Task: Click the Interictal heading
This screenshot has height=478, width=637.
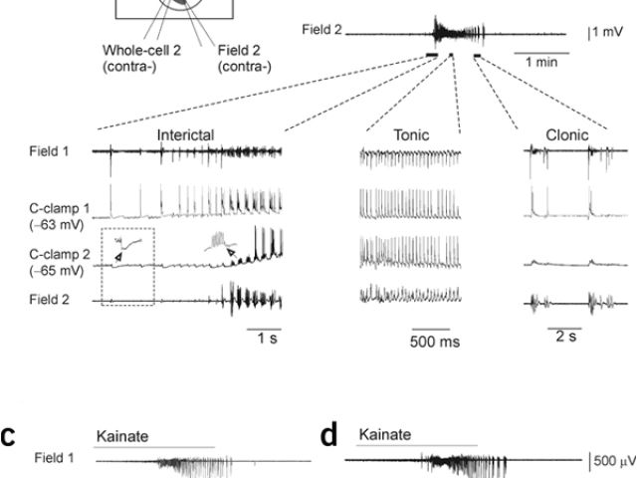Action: click(185, 134)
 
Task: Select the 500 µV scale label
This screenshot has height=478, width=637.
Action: click(610, 460)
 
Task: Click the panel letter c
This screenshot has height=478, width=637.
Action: click(8, 438)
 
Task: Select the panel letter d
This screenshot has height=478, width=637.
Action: click(330, 438)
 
